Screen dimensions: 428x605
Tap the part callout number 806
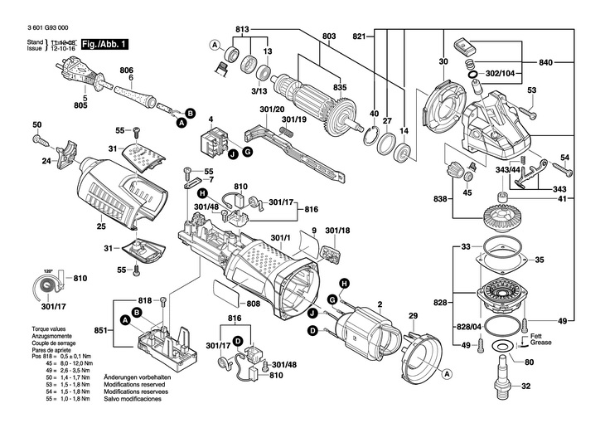pyautogui.click(x=126, y=70)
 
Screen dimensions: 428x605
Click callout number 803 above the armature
pyautogui.click(x=329, y=36)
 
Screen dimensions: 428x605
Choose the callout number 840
pyautogui.click(x=546, y=63)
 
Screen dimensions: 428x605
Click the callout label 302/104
pyautogui.click(x=500, y=73)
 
